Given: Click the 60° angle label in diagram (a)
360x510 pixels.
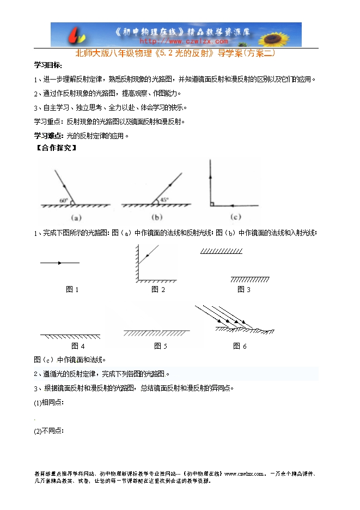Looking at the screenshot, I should pos(64,201).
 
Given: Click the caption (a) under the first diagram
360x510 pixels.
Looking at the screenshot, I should pos(76,217).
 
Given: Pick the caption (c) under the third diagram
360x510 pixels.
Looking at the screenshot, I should pos(235,217).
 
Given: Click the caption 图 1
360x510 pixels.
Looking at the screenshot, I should pos(72,290).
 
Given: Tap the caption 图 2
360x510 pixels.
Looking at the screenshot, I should pos(158,290).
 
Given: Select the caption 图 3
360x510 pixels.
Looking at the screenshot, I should pos(243,290).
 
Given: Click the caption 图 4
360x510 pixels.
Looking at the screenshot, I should pos(78,346).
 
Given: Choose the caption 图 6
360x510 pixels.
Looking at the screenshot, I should pos(240,346).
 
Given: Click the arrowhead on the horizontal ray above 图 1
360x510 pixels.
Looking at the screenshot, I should pos(59,263).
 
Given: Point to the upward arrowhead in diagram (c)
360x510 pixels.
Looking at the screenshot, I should pos(210,177).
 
